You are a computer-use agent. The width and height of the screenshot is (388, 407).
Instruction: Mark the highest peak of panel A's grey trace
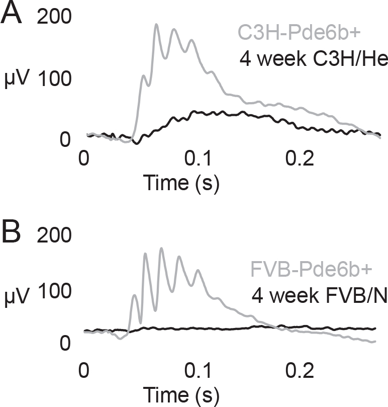pos(156,24)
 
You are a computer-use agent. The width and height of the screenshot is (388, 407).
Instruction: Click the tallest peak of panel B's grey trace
pos(161,248)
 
